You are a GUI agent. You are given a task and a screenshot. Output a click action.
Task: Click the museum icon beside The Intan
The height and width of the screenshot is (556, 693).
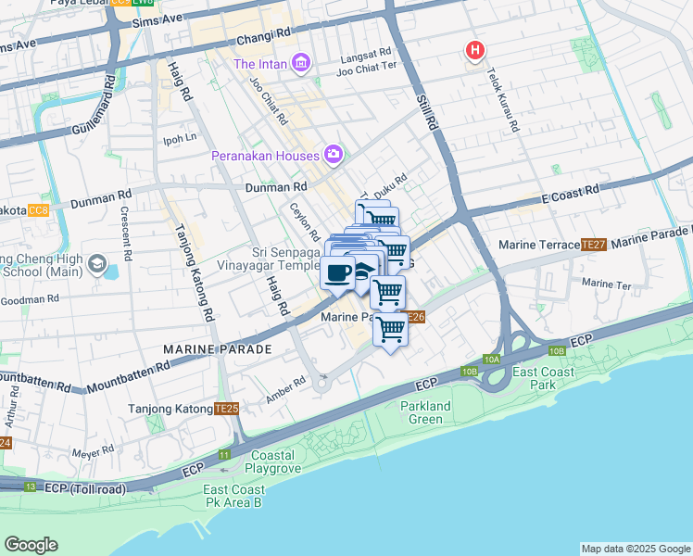pos(299,63)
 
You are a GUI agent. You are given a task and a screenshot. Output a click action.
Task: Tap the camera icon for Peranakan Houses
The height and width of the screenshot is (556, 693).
pos(333,155)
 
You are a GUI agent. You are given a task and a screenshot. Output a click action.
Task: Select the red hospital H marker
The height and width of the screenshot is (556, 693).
pos(475,50)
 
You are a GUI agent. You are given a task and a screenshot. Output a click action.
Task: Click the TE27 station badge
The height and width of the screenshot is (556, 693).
pos(593,245)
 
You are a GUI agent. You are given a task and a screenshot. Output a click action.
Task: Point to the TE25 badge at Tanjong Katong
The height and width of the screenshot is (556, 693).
pos(226,408)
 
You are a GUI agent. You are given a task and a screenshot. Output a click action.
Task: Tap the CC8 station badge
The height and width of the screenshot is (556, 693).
pos(38,211)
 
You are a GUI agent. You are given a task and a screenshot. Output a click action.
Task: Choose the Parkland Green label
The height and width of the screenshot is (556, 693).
pos(425,412)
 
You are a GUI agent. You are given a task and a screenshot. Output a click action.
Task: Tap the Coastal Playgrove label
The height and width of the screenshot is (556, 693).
pos(271,461)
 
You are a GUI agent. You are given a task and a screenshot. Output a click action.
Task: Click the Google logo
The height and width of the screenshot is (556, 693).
pos(31,545)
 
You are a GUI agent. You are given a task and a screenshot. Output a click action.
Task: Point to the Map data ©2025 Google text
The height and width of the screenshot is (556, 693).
pos(635,549)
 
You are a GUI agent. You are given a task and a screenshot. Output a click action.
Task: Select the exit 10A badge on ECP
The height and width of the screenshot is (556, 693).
pos(491,359)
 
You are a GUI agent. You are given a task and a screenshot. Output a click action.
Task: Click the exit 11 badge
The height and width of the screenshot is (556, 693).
pos(224,454)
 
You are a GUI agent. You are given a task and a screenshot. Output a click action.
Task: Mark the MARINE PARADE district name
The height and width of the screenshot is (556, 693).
pos(217,349)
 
